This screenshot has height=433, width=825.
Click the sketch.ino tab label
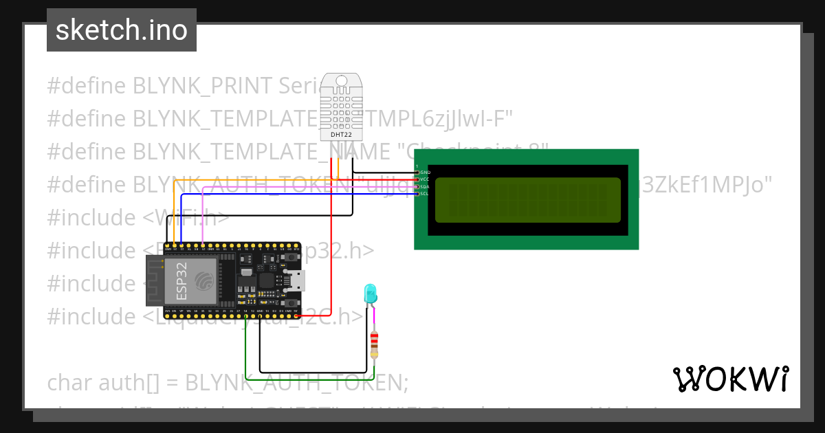pos(122,30)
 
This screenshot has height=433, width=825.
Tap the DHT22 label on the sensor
pos(341,134)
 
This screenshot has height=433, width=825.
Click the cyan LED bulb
pos(371,294)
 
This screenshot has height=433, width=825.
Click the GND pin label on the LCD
pos(424,172)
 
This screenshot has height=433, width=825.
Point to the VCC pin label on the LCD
pos(424,179)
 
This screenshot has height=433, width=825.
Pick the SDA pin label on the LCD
pos(424,187)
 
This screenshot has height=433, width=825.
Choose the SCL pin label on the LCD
pos(424,194)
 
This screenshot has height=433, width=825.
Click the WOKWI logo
pos(730,379)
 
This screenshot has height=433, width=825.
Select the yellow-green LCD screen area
pos(528,200)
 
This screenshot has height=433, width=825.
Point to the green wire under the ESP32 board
pos(309,379)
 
